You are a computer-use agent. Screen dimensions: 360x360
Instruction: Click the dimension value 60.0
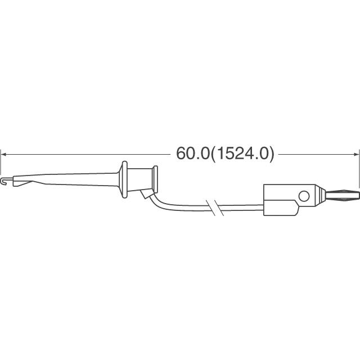point(192,154)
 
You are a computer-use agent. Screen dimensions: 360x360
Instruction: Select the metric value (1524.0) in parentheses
point(242,154)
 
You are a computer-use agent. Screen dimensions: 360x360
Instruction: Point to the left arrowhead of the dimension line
point(4,155)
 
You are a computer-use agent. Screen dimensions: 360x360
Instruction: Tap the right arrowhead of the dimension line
point(355,155)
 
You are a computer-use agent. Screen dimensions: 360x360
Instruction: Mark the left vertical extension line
point(1,162)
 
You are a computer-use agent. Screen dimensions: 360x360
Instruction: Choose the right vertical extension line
point(359,168)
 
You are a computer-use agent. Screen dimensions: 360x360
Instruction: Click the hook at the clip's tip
point(3,181)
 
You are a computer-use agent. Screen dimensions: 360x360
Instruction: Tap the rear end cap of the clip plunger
point(155,179)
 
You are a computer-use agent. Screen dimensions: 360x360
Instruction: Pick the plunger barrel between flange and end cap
point(140,179)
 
